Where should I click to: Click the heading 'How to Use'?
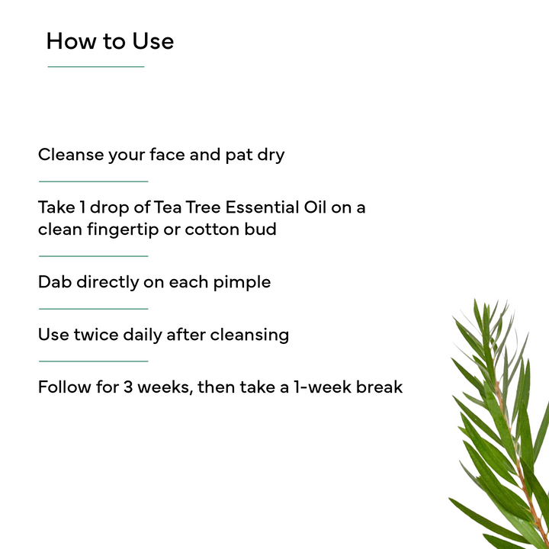tap(110, 41)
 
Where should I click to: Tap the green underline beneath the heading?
tap(95, 67)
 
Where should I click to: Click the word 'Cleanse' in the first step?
tap(70, 155)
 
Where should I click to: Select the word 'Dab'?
tap(54, 282)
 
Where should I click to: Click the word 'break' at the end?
tap(380, 387)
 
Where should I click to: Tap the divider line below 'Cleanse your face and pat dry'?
tap(93, 181)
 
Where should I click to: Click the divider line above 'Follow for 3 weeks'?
tap(93, 361)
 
